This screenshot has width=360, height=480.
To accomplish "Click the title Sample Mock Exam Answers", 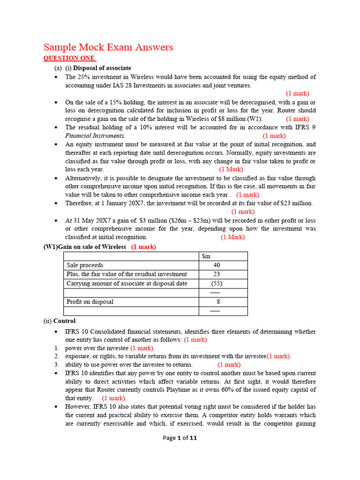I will pyautogui.click(x=108, y=47).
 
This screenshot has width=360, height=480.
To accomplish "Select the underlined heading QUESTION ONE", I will pyautogui.click(x=69, y=58).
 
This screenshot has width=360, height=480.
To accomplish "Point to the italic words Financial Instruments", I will pyautogui.click(x=95, y=136).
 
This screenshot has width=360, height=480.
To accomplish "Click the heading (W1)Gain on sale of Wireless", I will pyautogui.click(x=85, y=247).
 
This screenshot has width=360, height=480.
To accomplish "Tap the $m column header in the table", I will pyautogui.click(x=206, y=256).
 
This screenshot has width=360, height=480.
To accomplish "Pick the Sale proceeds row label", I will pyautogui.click(x=85, y=265).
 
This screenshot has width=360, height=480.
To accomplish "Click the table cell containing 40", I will pyautogui.click(x=216, y=265).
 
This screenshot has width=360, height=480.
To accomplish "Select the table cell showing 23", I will pyautogui.click(x=216, y=274).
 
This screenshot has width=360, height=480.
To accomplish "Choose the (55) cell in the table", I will pyautogui.click(x=216, y=284).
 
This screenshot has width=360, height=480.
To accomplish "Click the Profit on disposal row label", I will pyautogui.click(x=90, y=302).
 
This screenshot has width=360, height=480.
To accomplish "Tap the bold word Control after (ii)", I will pyautogui.click(x=64, y=321).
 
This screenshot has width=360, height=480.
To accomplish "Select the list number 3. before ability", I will pyautogui.click(x=56, y=365).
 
